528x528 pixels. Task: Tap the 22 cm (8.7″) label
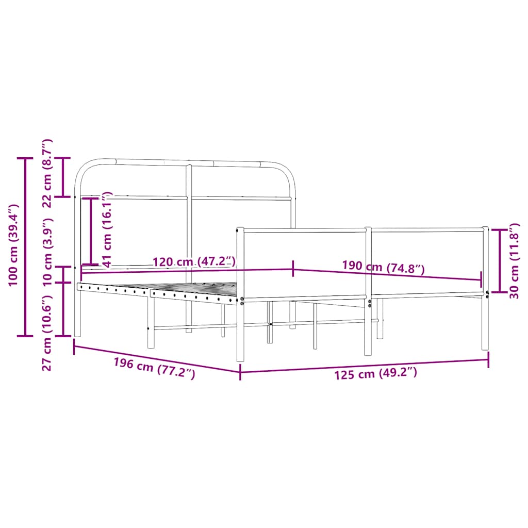click(x=47, y=173)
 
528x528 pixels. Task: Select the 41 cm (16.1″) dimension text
click(x=107, y=230)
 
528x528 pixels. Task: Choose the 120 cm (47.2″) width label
click(x=194, y=261)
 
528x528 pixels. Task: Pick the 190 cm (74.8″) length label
click(x=383, y=267)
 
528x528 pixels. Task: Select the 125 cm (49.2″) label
click(x=375, y=373)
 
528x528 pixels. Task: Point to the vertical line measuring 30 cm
click(x=499, y=261)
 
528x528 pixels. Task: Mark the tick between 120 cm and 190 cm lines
click(x=293, y=269)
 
